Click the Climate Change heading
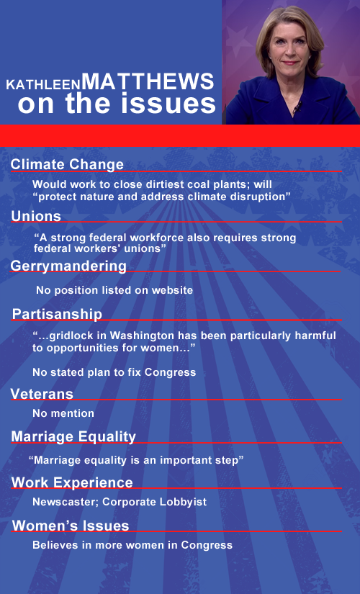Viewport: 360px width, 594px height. (x=67, y=164)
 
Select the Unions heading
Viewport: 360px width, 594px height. (x=36, y=216)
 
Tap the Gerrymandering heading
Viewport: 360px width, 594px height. (x=68, y=266)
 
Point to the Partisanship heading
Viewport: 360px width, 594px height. (x=57, y=314)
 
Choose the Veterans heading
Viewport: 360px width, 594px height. (x=42, y=394)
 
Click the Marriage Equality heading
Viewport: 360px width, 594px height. (x=73, y=437)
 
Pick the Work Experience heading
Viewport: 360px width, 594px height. (x=72, y=482)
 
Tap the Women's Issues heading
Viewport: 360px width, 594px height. (x=71, y=526)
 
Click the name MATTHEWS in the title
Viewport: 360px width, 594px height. (x=148, y=81)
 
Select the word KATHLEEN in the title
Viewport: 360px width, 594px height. (x=44, y=85)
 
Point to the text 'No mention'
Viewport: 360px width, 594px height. (x=63, y=413)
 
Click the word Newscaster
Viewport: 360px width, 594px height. (x=66, y=502)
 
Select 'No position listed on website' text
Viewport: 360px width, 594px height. (x=114, y=290)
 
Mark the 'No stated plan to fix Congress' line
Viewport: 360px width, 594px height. (x=114, y=372)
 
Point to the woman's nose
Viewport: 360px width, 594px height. (x=290, y=53)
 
